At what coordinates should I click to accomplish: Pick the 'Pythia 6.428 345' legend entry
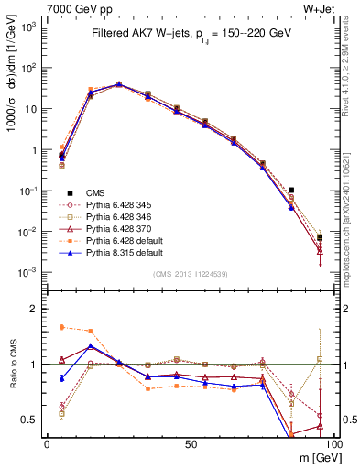point(122,205)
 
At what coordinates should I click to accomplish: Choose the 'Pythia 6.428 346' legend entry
point(122,217)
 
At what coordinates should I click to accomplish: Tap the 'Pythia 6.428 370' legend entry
point(122,229)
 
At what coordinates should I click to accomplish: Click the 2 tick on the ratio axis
point(35,310)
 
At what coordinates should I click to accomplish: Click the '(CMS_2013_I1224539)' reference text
point(190,273)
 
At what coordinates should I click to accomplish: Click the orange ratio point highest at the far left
point(61,327)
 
